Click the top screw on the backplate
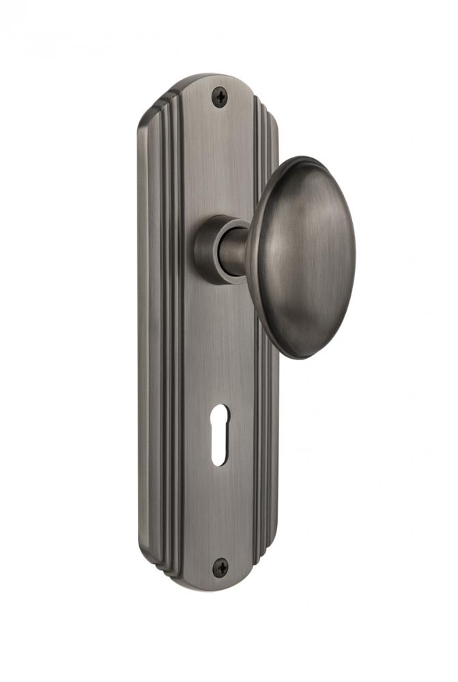tap(220, 97)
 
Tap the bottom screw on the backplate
tap(220, 565)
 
